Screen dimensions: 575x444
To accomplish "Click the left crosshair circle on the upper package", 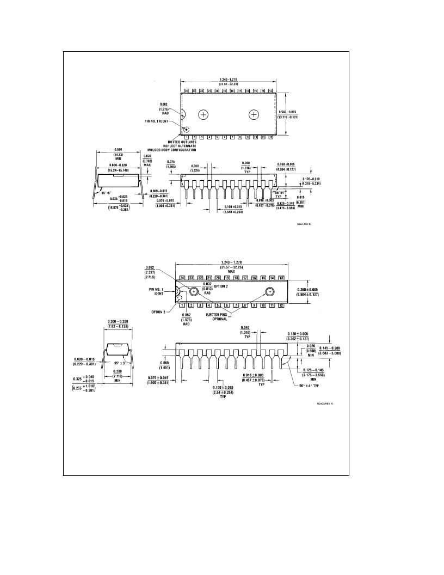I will click(203, 114).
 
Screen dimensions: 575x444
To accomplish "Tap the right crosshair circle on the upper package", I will click(254, 114).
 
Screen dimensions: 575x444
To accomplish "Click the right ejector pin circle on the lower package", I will click(269, 291).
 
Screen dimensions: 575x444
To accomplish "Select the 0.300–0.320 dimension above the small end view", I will click(118, 324).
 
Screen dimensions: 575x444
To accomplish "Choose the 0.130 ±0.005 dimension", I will click(298, 336).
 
